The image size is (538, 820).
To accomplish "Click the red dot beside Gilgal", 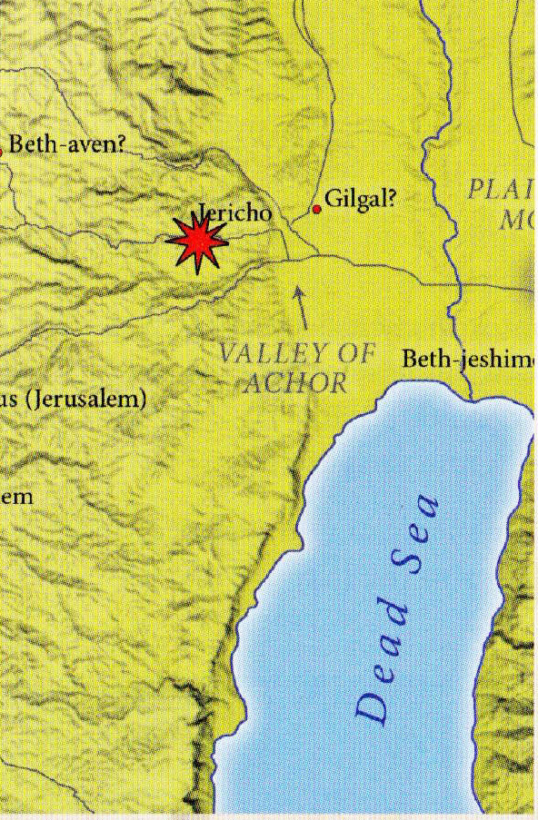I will (x=316, y=209).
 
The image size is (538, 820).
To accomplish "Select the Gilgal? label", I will (x=362, y=197).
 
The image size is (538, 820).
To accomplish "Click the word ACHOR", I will (x=295, y=382).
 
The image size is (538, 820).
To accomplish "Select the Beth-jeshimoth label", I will (x=468, y=359).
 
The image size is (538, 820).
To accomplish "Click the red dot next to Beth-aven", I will (x=1, y=152).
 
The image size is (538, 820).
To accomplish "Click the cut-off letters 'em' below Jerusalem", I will (x=16, y=497).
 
